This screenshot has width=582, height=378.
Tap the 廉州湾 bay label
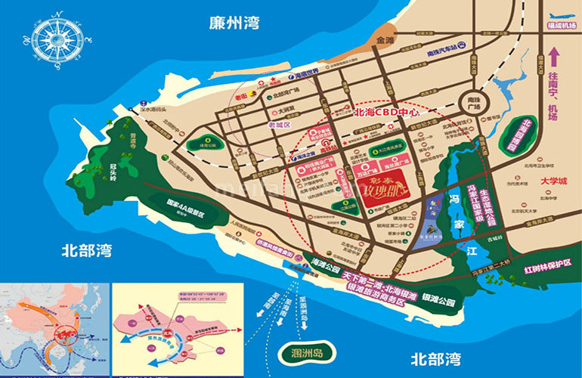(x=235, y=22)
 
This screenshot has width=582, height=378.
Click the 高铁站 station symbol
(x=328, y=147)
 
